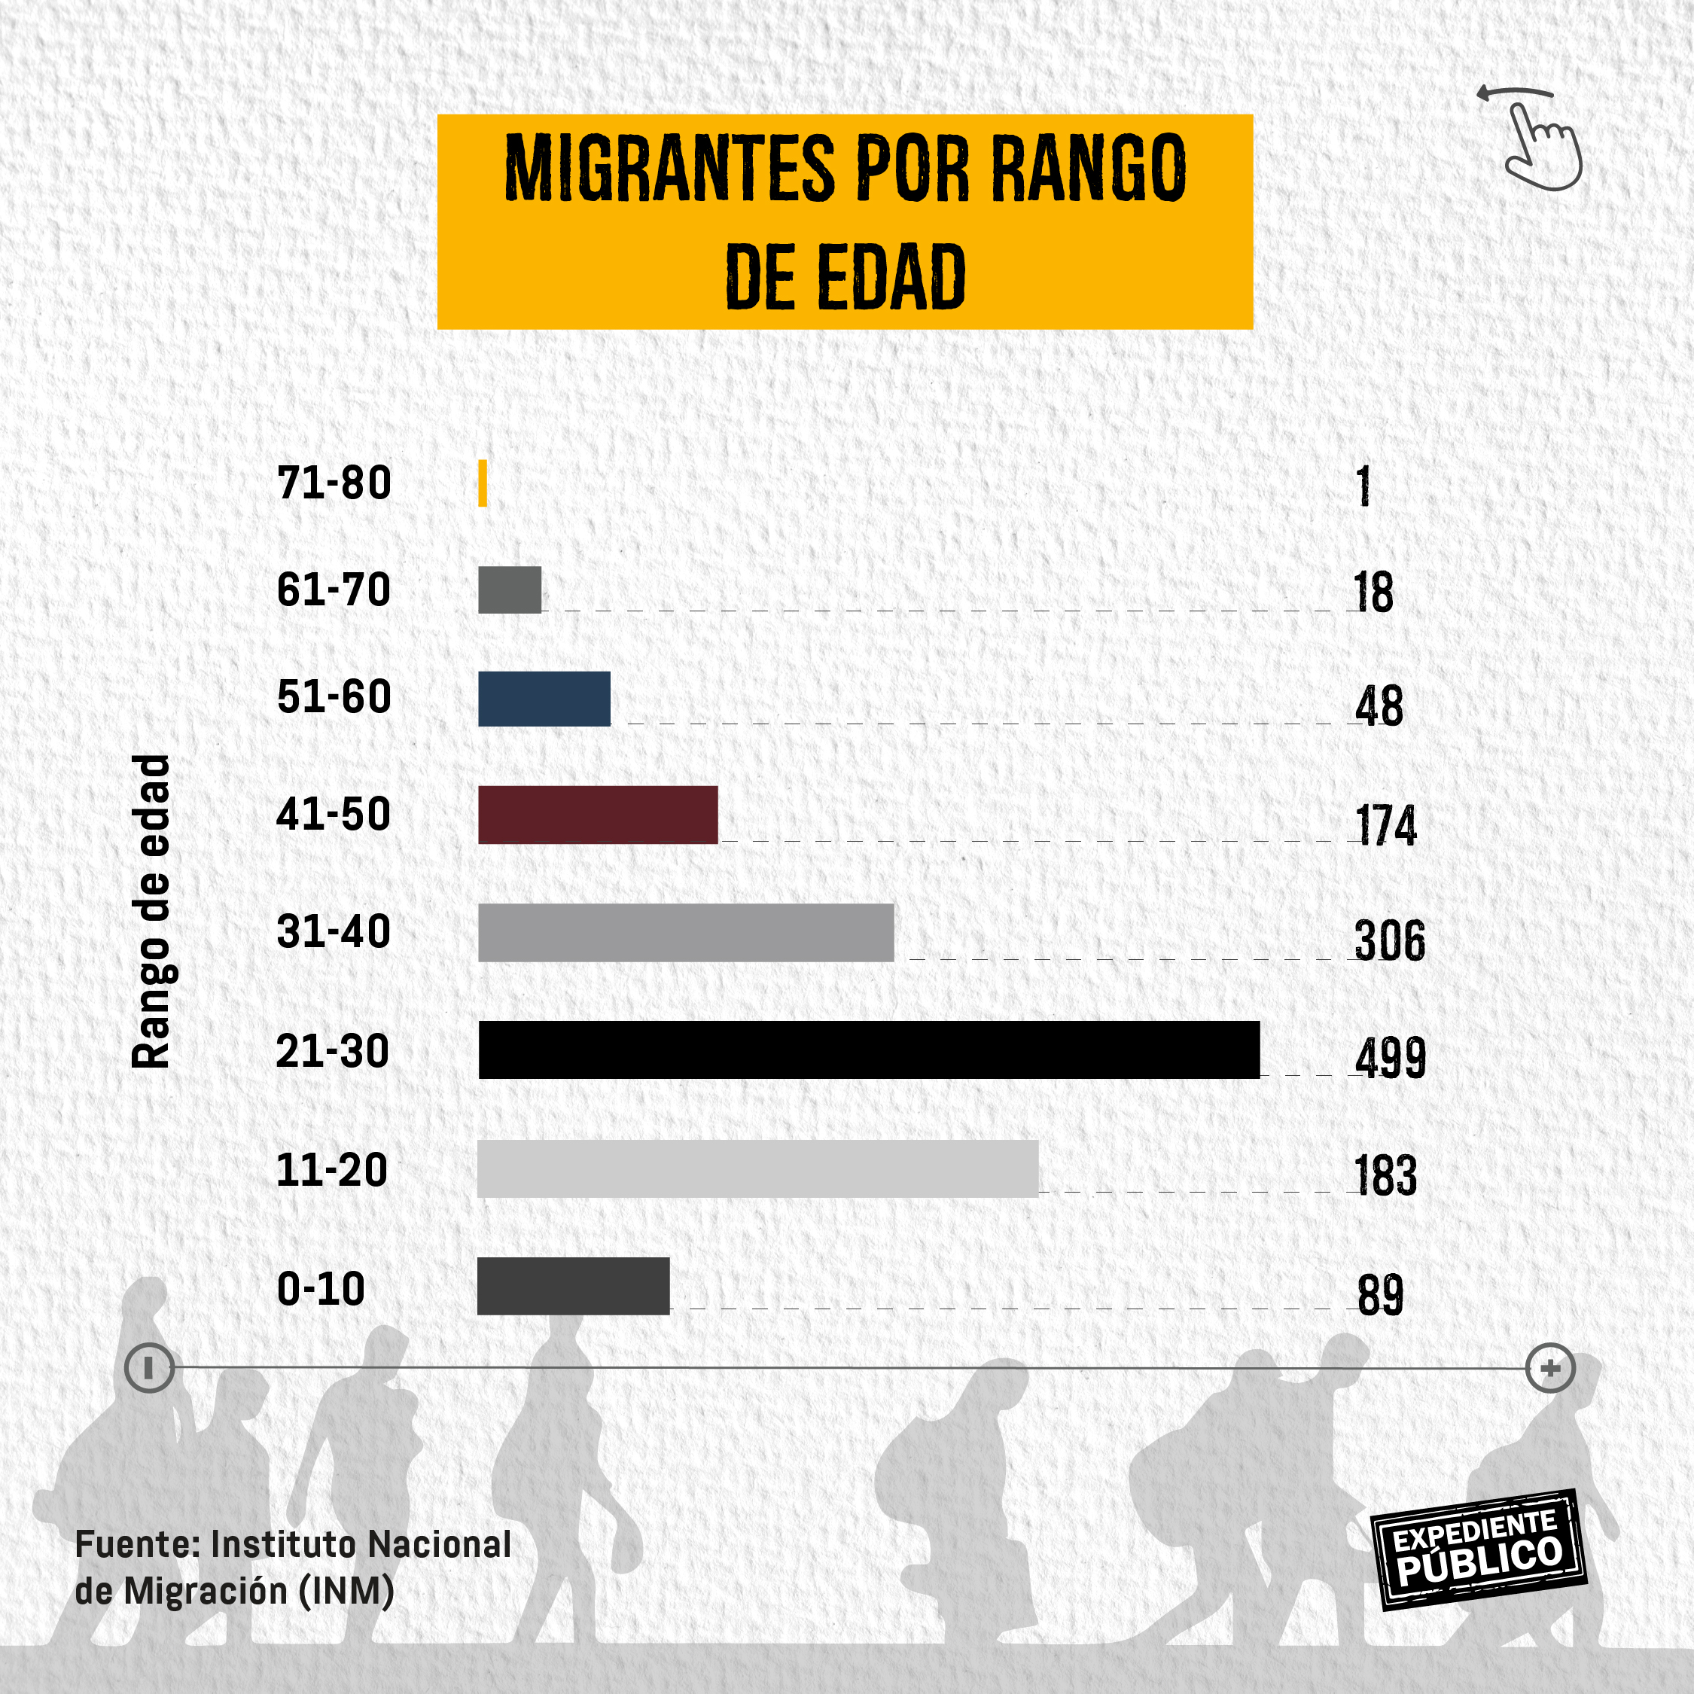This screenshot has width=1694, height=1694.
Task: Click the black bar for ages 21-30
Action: pyautogui.click(x=868, y=1050)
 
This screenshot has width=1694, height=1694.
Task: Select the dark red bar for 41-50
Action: pyautogui.click(x=597, y=815)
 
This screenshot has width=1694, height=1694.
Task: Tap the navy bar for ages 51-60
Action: pyautogui.click(x=544, y=699)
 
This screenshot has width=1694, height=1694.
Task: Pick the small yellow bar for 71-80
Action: pyautogui.click(x=483, y=483)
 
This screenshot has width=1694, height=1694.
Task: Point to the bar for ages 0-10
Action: pyautogui.click(x=572, y=1285)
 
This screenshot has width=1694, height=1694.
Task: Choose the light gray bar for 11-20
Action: pyautogui.click(x=757, y=1168)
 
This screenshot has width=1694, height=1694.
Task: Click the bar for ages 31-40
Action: pyautogui.click(x=686, y=932)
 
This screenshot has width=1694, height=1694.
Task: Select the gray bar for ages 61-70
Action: pyautogui.click(x=510, y=590)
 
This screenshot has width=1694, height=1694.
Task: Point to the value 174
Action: pyautogui.click(x=1385, y=824)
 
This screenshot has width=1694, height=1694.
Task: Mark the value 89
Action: pyautogui.click(x=1380, y=1294)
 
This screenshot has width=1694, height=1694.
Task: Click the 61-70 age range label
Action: pyautogui.click(x=334, y=590)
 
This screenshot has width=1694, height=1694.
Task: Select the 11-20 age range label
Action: pyautogui.click(x=331, y=1170)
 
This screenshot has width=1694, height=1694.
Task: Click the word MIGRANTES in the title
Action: pyautogui.click(x=670, y=169)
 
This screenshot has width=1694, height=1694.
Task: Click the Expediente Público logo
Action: pyautogui.click(x=1479, y=1550)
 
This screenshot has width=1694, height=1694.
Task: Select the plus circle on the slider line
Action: pyautogui.click(x=1550, y=1368)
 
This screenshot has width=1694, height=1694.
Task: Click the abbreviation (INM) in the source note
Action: pyautogui.click(x=346, y=1591)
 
